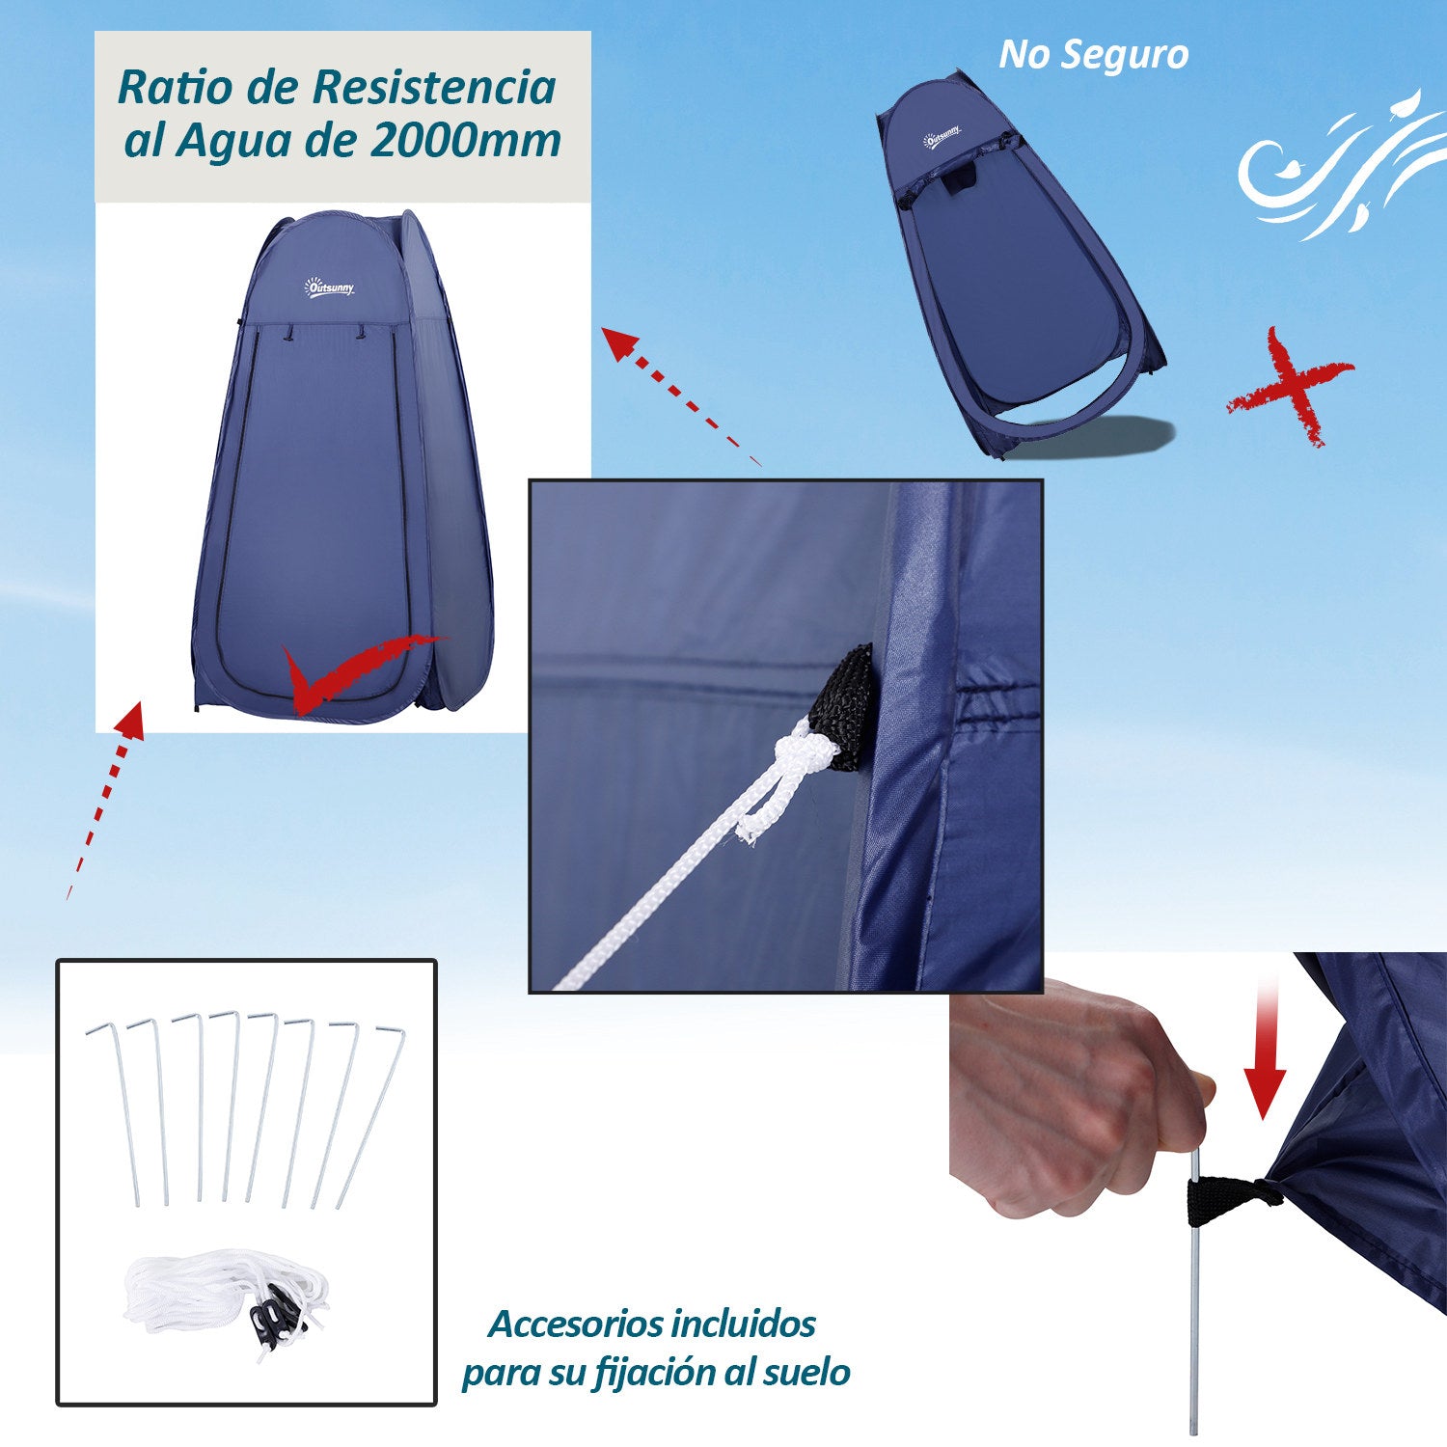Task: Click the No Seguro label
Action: click(1093, 55)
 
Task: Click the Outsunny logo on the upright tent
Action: click(330, 287)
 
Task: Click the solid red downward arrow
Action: click(1265, 1051)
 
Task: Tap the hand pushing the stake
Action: click(1071, 1100)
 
